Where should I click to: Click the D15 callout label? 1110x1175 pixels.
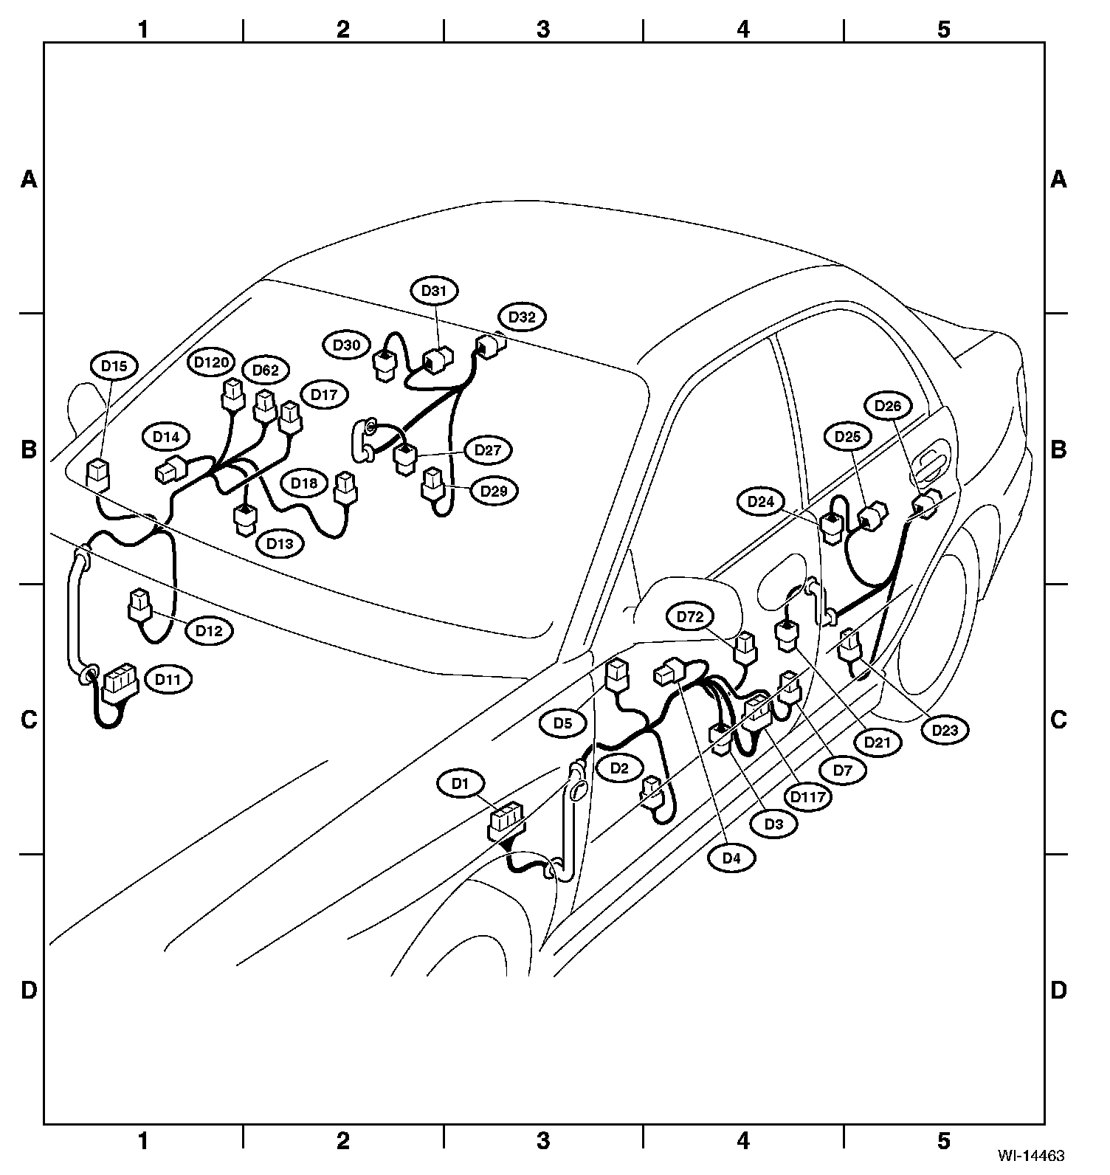click(114, 365)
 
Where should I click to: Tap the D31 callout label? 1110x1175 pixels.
click(434, 291)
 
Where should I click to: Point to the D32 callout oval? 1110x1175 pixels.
click(522, 317)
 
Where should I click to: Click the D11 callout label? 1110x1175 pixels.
click(168, 679)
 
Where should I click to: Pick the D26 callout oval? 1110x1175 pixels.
click(888, 406)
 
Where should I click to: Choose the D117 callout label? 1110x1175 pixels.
click(808, 797)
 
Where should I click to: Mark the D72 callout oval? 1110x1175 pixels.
click(690, 617)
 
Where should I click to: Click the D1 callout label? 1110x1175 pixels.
click(461, 784)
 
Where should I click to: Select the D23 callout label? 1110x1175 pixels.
click(945, 731)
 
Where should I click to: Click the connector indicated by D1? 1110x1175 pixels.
click(506, 821)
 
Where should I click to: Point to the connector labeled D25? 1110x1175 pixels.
click(875, 515)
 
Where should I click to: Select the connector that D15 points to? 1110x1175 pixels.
click(98, 472)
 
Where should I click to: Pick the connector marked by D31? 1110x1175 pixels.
click(439, 359)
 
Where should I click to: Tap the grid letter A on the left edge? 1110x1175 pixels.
click(29, 179)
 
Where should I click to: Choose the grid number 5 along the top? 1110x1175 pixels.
click(944, 30)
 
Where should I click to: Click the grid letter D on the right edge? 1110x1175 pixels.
click(1058, 990)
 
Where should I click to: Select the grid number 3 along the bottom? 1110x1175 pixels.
click(543, 1141)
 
